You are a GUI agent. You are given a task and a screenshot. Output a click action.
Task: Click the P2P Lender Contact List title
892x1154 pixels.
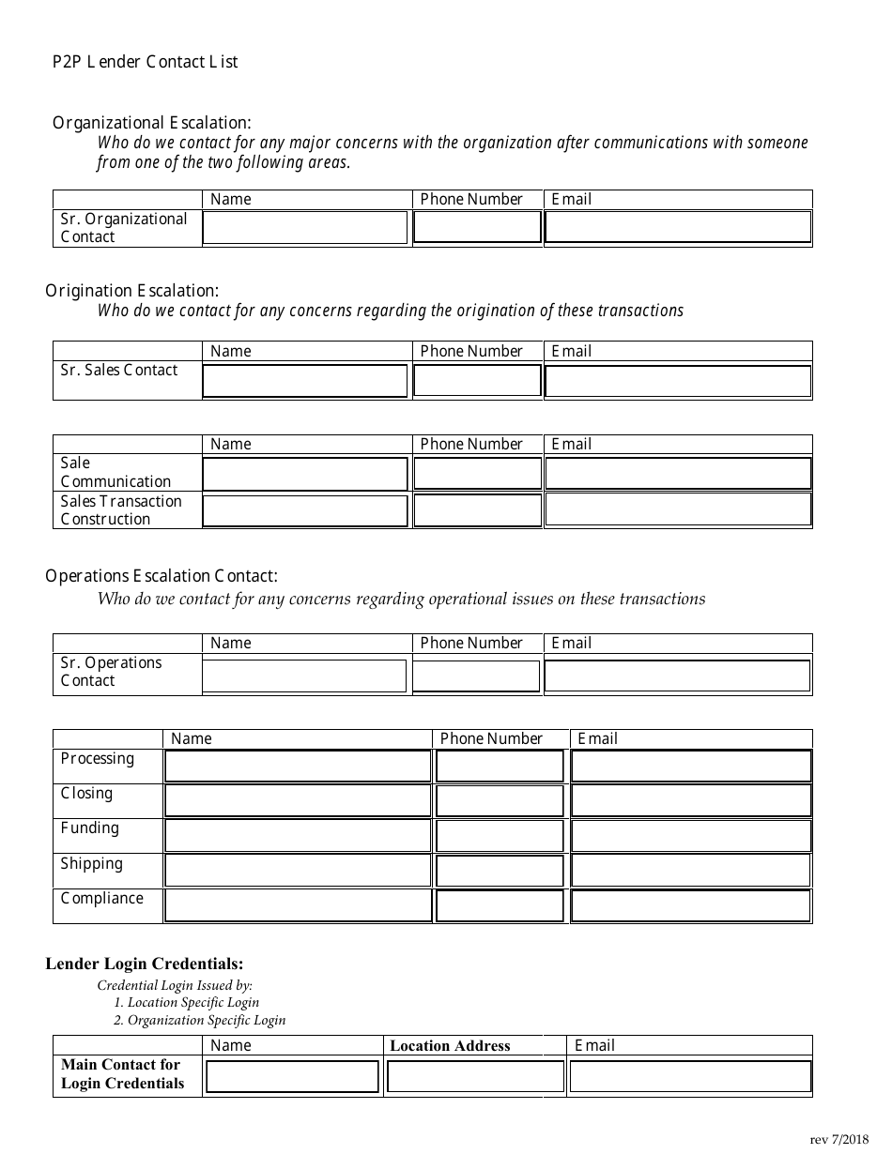146,62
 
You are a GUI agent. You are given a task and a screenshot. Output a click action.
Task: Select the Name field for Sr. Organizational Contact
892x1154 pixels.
305,228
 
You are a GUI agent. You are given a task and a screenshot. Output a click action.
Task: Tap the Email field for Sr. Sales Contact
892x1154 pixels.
678,381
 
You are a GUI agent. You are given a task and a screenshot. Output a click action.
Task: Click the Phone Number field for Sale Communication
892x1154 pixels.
477,474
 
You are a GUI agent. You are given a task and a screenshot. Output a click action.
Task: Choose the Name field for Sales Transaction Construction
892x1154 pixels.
305,510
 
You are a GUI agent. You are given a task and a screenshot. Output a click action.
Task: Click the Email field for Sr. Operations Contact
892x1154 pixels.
678,676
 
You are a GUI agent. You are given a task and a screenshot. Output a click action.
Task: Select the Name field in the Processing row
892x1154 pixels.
298,767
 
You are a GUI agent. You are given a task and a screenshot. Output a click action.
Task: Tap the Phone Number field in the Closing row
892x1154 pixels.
500,800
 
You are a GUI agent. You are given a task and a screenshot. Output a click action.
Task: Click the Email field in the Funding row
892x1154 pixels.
691,835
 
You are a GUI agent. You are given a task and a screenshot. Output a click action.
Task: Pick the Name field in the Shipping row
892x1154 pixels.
298,871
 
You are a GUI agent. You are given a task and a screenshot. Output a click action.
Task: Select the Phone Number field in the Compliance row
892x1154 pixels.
500,905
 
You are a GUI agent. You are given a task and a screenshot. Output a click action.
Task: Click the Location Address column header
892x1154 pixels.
450,1046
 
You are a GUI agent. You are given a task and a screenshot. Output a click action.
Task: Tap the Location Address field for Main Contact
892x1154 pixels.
475,1076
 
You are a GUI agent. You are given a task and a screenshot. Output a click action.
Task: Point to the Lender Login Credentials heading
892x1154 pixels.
145,964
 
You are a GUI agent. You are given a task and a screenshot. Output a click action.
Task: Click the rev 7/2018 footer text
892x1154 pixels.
838,1140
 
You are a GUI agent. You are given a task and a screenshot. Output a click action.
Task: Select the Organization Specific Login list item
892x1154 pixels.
199,1020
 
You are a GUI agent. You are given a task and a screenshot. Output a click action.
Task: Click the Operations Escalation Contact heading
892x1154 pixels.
161,576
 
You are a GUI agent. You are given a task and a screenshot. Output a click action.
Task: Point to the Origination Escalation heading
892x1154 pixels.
132,291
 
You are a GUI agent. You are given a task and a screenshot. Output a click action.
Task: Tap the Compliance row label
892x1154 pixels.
101,899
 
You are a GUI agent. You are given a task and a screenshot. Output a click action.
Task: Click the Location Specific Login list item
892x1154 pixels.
186,1002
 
